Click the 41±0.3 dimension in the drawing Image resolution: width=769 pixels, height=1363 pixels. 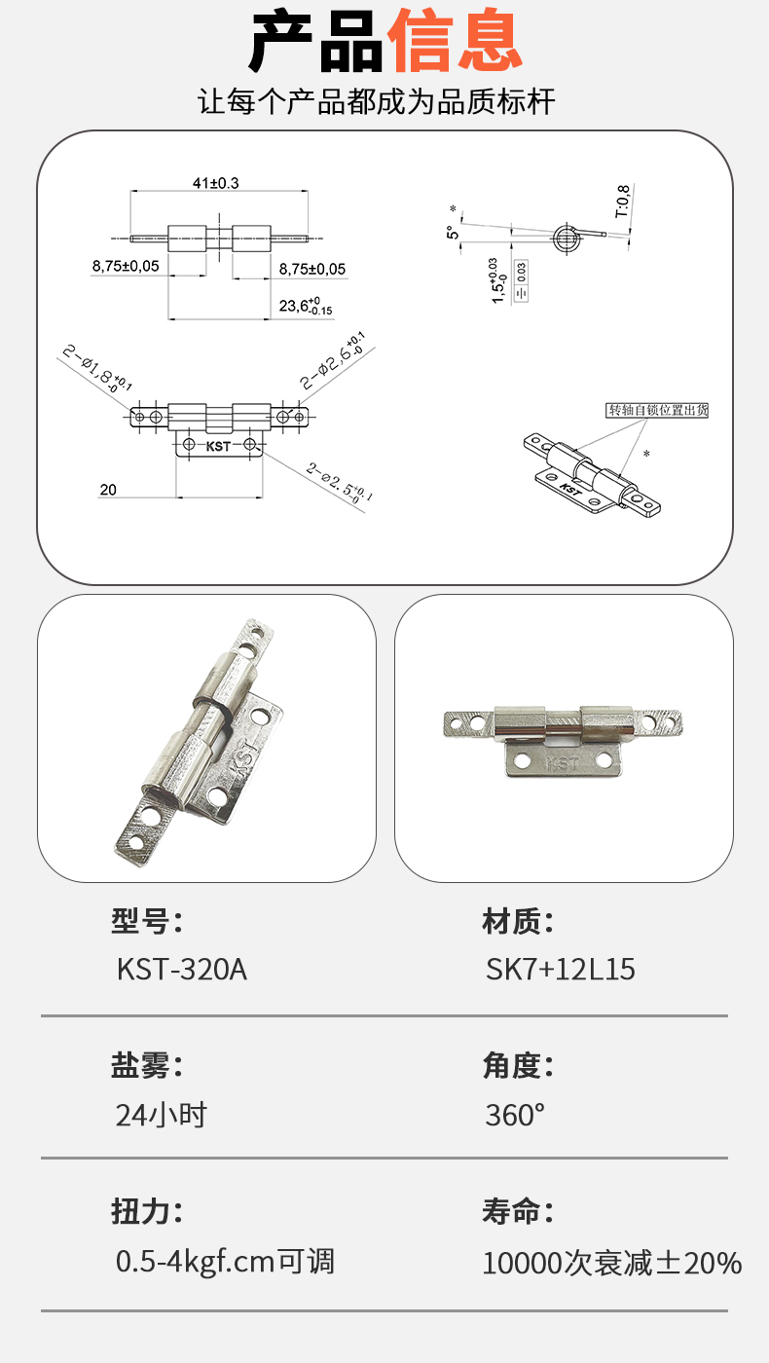pyautogui.click(x=215, y=183)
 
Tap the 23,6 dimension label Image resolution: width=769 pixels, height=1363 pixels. pyautogui.click(x=306, y=306)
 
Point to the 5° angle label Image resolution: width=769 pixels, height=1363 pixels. pyautogui.click(x=453, y=232)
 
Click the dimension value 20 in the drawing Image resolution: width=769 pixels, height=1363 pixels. pyautogui.click(x=108, y=490)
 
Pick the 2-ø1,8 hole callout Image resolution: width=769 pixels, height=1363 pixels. pyautogui.click(x=97, y=368)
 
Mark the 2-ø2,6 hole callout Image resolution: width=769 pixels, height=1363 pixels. pyautogui.click(x=333, y=360)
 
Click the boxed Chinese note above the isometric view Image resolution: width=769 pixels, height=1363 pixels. pyautogui.click(x=657, y=410)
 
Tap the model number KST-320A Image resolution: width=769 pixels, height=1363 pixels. pyautogui.click(x=182, y=970)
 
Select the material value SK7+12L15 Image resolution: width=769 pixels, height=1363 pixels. pyautogui.click(x=560, y=970)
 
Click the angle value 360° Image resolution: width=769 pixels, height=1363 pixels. pyautogui.click(x=515, y=1115)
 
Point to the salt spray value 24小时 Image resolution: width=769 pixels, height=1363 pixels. pyautogui.click(x=162, y=1115)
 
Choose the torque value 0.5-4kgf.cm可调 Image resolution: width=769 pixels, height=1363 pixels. pyautogui.click(x=225, y=1262)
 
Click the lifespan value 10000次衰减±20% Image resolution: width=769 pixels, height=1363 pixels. pyautogui.click(x=612, y=1263)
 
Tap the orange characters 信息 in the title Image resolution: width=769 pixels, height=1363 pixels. pyautogui.click(x=455, y=41)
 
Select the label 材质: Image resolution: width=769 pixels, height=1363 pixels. pyautogui.click(x=518, y=921)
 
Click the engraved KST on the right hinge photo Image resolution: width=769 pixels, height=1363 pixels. pyautogui.click(x=563, y=763)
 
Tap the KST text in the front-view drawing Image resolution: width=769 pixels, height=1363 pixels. pyautogui.click(x=218, y=446)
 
